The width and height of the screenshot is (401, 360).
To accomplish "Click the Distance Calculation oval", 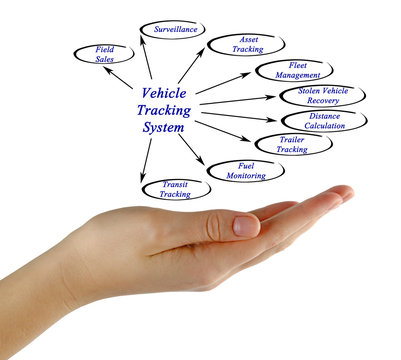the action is pyautogui.click(x=325, y=121).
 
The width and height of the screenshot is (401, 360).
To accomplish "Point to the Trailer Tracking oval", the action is pyautogui.click(x=291, y=144).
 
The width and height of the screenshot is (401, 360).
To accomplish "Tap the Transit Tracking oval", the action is pyautogui.click(x=175, y=188).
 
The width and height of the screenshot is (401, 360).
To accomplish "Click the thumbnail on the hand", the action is pyautogui.click(x=245, y=225).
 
